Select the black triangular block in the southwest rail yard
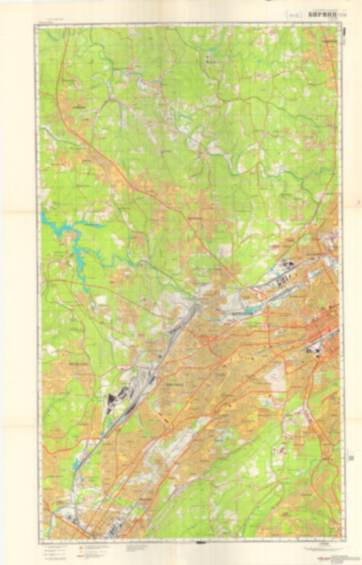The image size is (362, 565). click(111, 398)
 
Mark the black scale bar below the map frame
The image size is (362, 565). click(201, 543)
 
